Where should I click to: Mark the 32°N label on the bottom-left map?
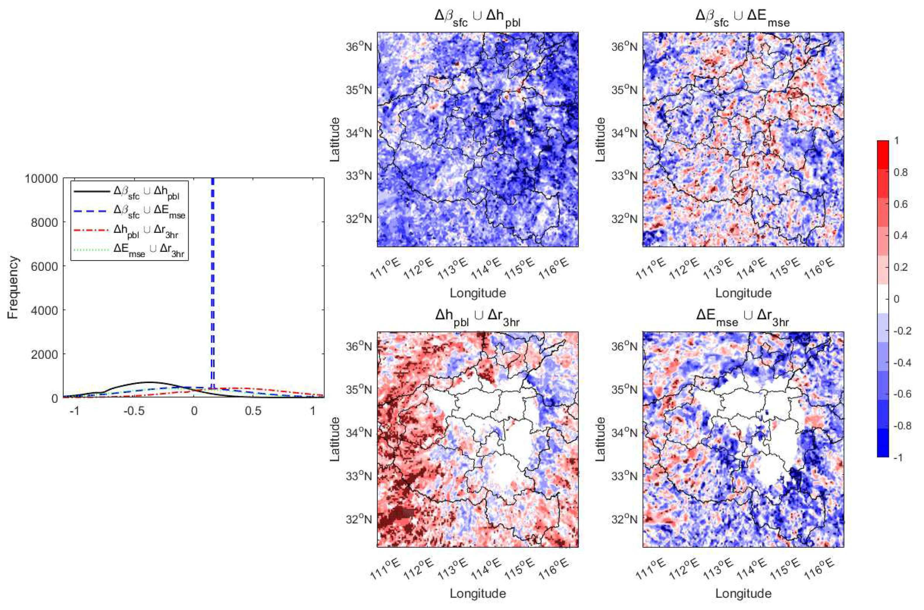pyautogui.click(x=358, y=519)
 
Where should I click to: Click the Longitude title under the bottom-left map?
pyautogui.click(x=478, y=594)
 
